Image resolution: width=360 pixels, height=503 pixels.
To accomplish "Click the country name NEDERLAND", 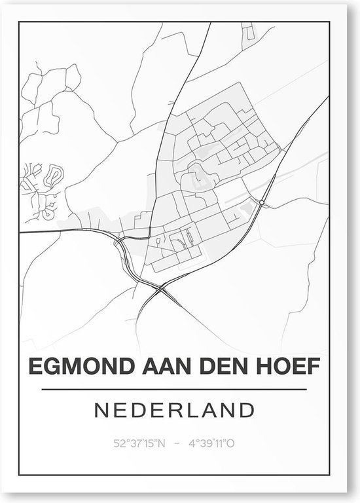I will (x=174, y=411).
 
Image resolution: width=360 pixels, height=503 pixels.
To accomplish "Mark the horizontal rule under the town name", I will (x=174, y=390).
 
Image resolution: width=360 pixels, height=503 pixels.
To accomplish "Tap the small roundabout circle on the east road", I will (x=262, y=204).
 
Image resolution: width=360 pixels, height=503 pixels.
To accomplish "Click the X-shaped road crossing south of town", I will (x=161, y=288).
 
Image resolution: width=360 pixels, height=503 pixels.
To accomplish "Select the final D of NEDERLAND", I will (x=247, y=411).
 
